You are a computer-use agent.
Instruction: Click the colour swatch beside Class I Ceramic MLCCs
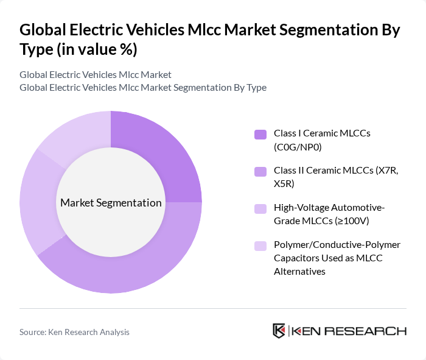(x=260, y=134)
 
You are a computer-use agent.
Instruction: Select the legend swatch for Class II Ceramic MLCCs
(x=260, y=172)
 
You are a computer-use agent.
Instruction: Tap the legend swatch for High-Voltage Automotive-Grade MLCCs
(x=260, y=209)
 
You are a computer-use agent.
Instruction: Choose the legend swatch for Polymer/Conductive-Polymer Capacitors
(x=260, y=246)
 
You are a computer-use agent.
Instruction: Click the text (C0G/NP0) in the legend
(x=298, y=146)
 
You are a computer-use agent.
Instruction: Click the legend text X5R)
(x=284, y=183)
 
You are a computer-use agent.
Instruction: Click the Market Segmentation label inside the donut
(x=111, y=203)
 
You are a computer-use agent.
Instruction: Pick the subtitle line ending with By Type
(x=143, y=87)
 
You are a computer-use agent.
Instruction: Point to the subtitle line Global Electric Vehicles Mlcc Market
(x=96, y=74)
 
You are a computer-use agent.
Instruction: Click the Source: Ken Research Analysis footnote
(x=74, y=332)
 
